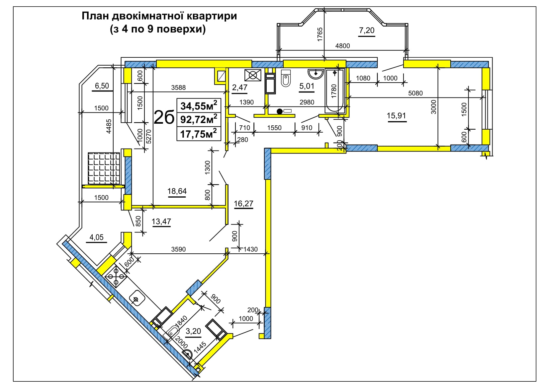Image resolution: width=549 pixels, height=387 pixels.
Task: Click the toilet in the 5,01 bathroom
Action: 286,78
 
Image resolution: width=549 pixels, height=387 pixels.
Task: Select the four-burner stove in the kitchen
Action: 116,276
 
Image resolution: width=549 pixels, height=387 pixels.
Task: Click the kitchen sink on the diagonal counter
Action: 136,298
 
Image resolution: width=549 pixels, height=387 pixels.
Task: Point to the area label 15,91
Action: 396,115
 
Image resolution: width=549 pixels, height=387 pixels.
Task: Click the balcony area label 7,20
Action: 367,31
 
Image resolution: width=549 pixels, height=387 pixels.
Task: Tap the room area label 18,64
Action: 177,191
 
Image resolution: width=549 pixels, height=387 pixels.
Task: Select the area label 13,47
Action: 161,222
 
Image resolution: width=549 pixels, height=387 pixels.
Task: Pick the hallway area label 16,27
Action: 243,204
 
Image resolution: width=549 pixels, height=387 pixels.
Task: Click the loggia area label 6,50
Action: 102,86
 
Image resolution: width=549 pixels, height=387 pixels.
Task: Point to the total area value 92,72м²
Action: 199,119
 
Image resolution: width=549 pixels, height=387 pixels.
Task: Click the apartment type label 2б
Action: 164,117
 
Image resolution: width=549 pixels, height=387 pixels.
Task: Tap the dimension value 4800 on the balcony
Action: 342,46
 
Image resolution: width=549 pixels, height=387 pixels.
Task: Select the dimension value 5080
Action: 415,93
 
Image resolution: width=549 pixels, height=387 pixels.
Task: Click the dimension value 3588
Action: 178,88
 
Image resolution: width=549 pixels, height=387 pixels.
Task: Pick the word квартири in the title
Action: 212,16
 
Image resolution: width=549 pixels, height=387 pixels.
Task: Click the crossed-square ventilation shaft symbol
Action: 253,75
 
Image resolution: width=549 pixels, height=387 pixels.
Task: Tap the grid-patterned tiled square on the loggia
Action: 104,168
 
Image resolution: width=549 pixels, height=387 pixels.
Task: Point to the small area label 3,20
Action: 193,331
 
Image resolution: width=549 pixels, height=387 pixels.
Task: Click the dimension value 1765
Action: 320,34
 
